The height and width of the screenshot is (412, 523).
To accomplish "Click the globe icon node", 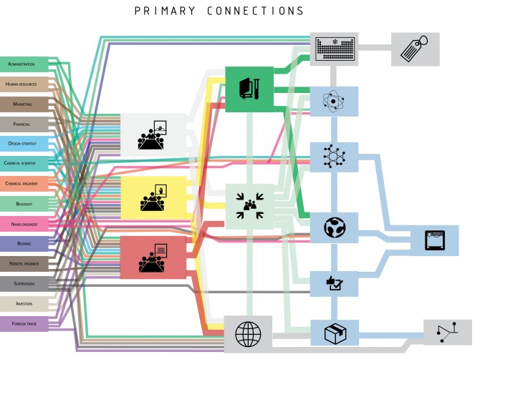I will pos(248,333).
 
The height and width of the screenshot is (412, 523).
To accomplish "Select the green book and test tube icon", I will pos(249,89).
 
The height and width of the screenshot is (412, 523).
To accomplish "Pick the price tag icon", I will pos(415,49).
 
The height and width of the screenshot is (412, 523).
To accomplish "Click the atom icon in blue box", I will pos(334,101).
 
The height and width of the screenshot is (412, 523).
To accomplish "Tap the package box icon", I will pos(334,333).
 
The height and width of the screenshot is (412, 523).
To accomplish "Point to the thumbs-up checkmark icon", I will pos(334,284).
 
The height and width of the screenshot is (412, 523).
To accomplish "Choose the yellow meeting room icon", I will pos(153,197).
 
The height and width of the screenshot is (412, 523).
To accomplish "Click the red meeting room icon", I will pos(153,257).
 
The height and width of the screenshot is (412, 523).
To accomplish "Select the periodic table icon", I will pos(334,48).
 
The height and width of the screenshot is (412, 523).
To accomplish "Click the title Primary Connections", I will pos(219,11).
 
